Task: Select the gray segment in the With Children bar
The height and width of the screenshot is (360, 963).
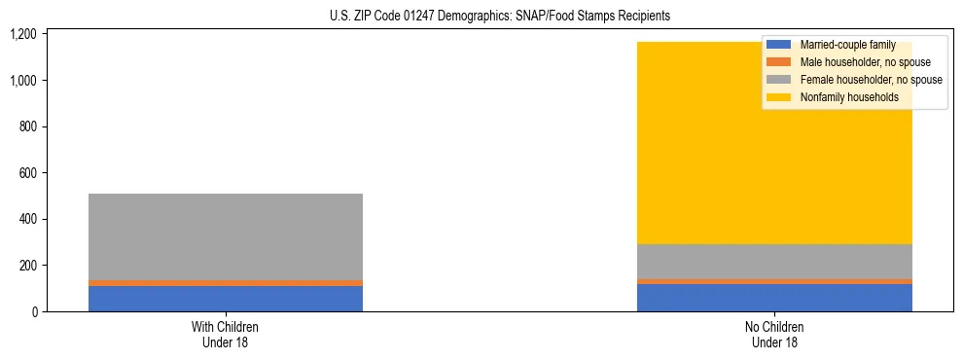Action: (x=225, y=236)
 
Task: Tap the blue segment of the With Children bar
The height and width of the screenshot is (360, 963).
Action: (x=225, y=299)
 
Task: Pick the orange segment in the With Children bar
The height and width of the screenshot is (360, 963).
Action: (x=225, y=283)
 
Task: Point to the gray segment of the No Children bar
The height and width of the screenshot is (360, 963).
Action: (x=774, y=262)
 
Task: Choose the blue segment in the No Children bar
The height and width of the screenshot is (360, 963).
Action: (x=774, y=298)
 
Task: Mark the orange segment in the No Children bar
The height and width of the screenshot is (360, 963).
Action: (x=774, y=281)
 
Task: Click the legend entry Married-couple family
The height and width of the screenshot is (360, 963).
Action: (x=847, y=45)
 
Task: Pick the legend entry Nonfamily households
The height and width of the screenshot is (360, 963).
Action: (x=842, y=97)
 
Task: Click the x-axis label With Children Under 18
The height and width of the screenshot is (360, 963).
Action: (x=225, y=334)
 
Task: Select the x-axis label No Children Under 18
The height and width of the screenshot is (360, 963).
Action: (x=774, y=334)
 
